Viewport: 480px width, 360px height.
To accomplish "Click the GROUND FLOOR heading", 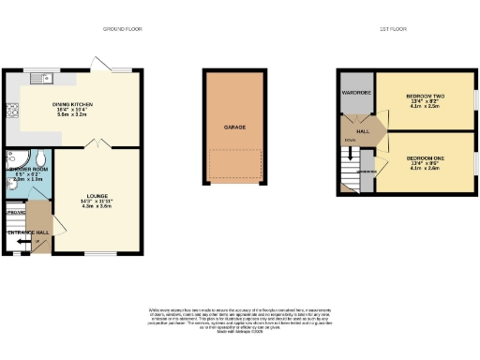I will (x=123, y=29).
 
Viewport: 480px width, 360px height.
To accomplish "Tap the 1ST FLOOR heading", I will (x=391, y=29).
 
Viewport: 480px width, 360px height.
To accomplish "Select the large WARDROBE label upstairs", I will (x=358, y=93).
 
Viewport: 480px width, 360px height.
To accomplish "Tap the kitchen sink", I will (x=40, y=77).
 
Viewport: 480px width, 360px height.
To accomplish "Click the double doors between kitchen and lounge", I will (x=97, y=142).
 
